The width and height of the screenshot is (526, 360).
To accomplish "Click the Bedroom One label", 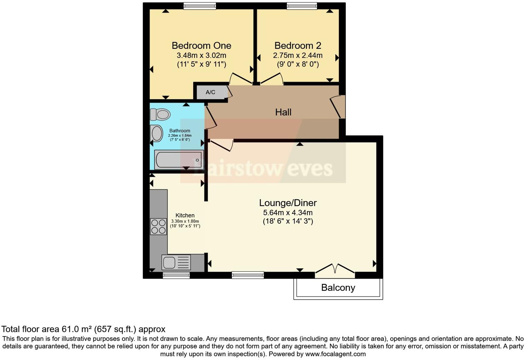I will coord(201,46).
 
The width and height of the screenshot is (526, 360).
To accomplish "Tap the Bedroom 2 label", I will coord(298,46).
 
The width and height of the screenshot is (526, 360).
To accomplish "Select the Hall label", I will coord(283,112).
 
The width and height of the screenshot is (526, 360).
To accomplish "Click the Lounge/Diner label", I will coord(288,203).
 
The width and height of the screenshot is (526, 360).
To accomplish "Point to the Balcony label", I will coord(338,288).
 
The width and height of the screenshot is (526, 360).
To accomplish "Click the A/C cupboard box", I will coord(211,92).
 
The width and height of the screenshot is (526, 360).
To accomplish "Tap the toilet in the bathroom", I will coord(160,114).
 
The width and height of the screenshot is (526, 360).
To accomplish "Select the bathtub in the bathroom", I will coord(179,160).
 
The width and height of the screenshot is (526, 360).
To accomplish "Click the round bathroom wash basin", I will coord(157,134).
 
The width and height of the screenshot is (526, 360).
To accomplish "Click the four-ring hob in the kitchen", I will coord(158,227).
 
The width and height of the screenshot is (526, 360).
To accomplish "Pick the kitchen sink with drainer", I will coord(176,262).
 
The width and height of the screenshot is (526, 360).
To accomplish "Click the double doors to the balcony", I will coord(335,271).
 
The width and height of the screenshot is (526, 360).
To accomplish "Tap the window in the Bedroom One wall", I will coord(200,6).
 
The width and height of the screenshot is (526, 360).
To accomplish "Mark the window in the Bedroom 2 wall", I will coord(301,6).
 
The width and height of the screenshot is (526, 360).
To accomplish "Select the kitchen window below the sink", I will coord(176,276).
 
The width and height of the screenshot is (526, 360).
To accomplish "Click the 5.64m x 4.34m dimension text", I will coord(288,213).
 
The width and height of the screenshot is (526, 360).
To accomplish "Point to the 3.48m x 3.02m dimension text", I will coord(201,55).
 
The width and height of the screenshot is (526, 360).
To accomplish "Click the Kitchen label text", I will coord(185,215).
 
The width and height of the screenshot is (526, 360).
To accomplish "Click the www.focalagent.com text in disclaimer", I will coord(335,354).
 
